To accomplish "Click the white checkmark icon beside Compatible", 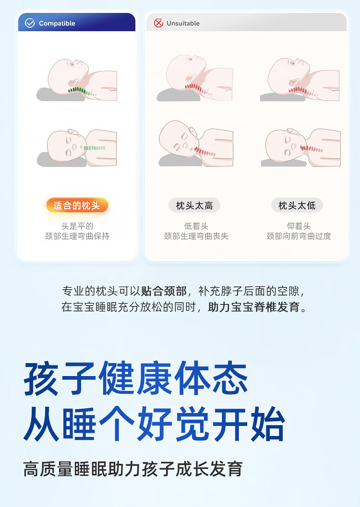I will pos(30,23).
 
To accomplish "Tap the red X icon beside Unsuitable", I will pos(158,23).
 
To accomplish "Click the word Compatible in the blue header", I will pos(57,24).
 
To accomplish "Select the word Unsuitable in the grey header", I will pos(183,24).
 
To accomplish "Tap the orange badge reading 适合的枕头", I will pos(77,206).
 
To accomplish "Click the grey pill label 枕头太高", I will pos(194,206).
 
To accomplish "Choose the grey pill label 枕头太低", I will pos(297,206).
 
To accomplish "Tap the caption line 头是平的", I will pos(77,226).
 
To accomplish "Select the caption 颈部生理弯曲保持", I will pos(77,236).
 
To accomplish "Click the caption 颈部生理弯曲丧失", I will pos(196,236).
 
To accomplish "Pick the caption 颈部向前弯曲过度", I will pos(299,236).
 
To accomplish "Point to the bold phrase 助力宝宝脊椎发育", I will pos(253,307).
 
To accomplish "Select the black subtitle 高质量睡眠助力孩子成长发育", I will pos(133,469).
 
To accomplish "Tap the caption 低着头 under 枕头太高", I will pos(196,226).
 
